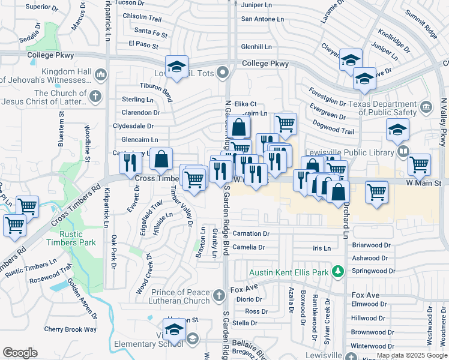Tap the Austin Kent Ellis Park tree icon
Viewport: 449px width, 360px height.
coord(339,272)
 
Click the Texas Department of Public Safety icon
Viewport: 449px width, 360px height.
coord(426,108)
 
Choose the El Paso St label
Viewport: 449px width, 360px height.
coord(143,45)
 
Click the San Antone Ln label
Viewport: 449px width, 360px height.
coord(262,19)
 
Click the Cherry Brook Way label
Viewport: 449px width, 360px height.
coord(70,329)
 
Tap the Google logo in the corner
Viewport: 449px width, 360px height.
coord(20,353)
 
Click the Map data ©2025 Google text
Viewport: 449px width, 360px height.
coord(412,356)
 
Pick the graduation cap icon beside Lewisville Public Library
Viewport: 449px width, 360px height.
coord(397,130)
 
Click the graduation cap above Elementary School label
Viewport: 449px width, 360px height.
coord(174,329)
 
